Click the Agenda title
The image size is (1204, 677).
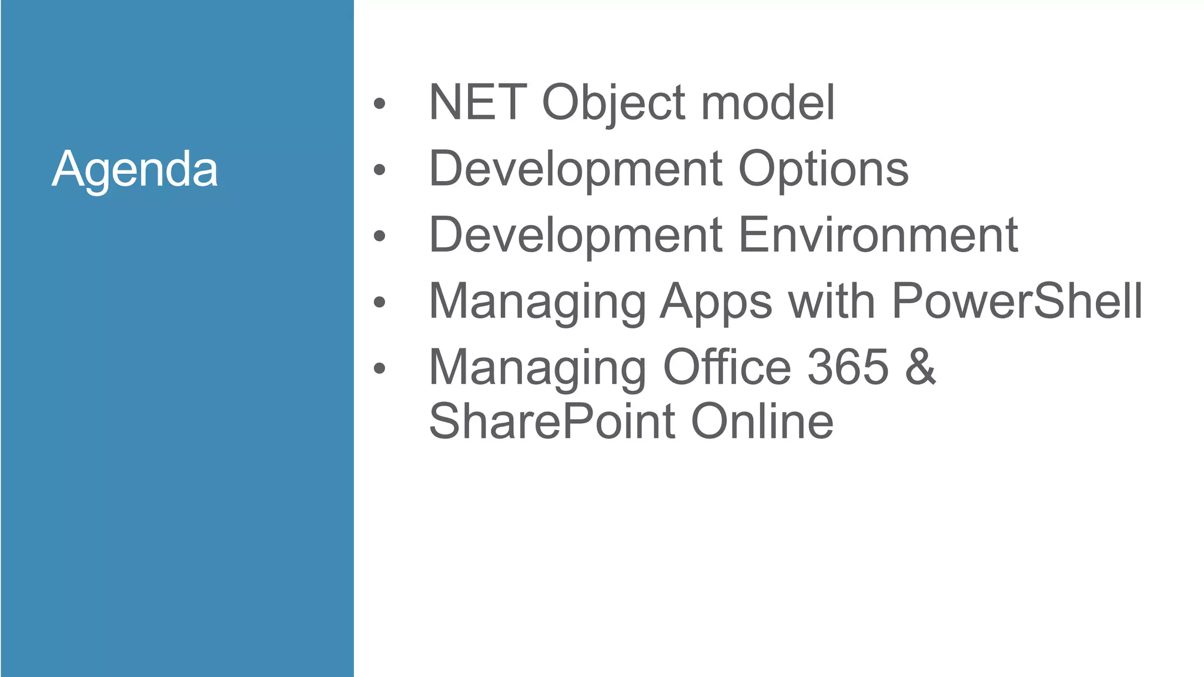tap(135, 169)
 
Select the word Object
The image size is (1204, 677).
tap(614, 103)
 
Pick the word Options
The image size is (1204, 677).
tap(823, 169)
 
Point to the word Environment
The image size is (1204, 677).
tap(878, 235)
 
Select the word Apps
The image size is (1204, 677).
tap(716, 302)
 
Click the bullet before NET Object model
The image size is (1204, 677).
tap(380, 104)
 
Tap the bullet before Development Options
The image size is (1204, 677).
tap(380, 170)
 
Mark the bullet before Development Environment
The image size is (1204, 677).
tap(380, 236)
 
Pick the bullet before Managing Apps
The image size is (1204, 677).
tap(380, 302)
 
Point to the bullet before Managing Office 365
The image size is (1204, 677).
tap(380, 368)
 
